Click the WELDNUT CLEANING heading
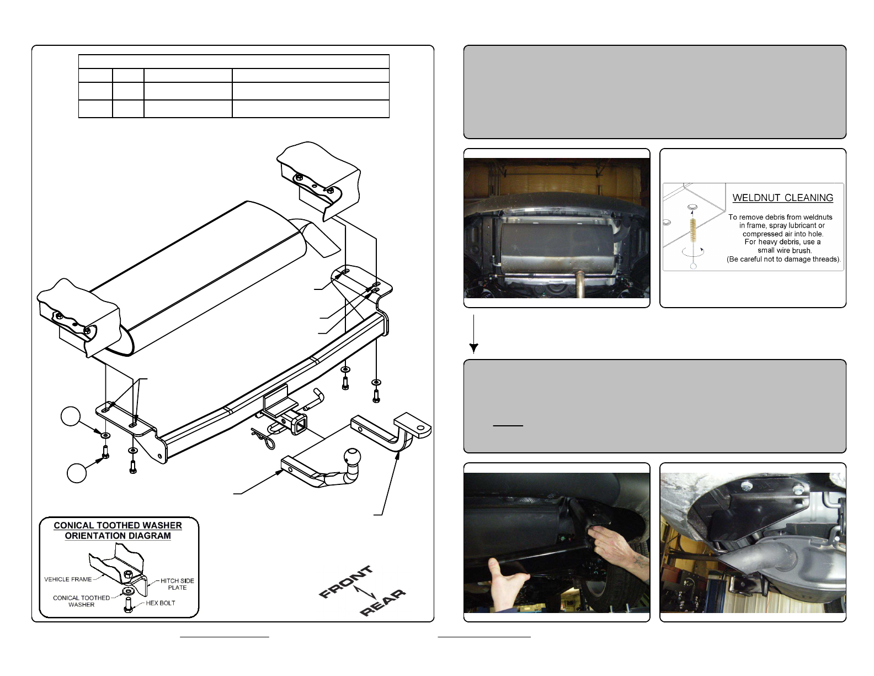pos(782,198)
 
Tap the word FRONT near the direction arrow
pos(347,582)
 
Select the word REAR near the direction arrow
pos(382,603)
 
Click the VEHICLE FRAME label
pos(68,579)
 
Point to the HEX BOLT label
pos(161,603)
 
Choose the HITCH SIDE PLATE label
pos(177,584)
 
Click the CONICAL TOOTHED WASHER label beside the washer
pos(81,601)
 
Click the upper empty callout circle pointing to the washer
pos(71,416)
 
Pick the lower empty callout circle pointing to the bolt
pos(77,473)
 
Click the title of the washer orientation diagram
pos(118,531)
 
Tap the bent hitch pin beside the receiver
pos(315,398)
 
